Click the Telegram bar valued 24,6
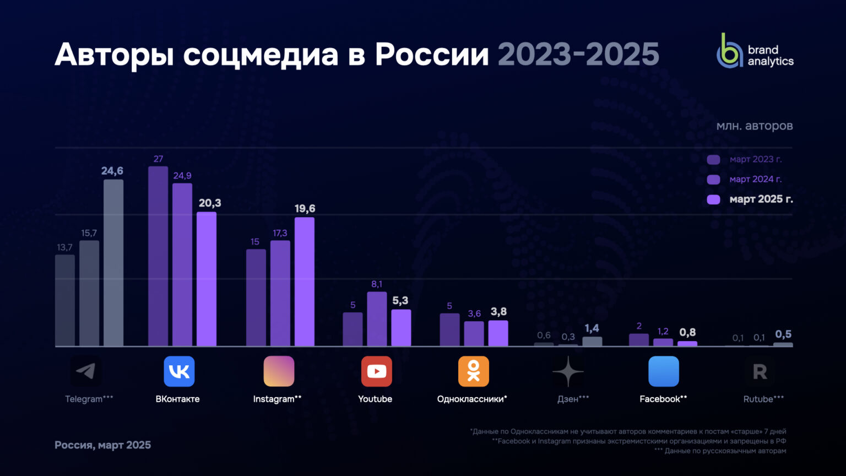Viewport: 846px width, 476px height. [113, 263]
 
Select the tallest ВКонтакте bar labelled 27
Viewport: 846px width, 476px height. [158, 256]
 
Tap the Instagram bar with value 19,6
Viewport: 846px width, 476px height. [305, 282]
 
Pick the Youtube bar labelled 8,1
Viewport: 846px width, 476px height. [377, 319]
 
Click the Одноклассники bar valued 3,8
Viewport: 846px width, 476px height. [498, 333]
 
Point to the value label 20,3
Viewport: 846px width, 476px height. [210, 203]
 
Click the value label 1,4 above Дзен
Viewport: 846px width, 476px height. [592, 329]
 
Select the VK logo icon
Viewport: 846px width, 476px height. [179, 371]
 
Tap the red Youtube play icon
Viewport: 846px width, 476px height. [377, 371]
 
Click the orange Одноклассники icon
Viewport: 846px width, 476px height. [474, 371]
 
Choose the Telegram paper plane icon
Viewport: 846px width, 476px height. [86, 371]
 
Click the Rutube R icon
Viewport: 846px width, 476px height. [760, 372]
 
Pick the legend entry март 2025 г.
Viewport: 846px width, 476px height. [761, 199]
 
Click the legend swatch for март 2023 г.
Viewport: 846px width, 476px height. [713, 160]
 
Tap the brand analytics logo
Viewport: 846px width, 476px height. [755, 51]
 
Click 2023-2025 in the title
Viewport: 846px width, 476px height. [578, 55]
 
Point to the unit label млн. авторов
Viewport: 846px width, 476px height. [754, 126]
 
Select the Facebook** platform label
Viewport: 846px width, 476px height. [663, 399]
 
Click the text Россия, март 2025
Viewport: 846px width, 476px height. [102, 445]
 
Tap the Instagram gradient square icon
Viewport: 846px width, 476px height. [279, 371]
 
